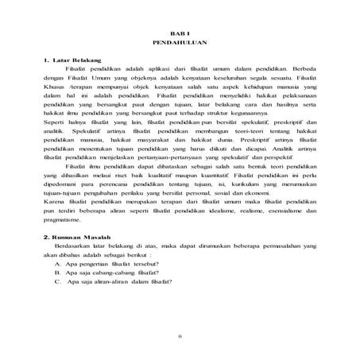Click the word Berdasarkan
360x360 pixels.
[87, 248]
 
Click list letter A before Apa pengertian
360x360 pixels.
[60, 268]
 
